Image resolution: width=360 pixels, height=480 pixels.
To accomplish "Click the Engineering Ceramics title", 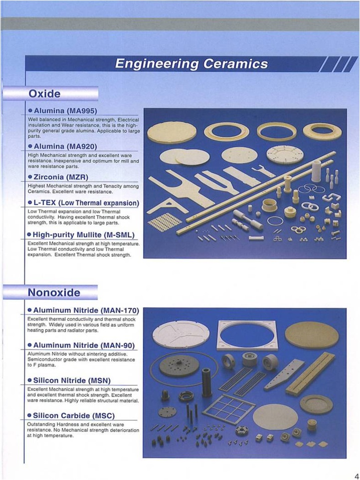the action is tap(191, 64).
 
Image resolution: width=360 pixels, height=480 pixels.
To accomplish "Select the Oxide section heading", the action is tap(45, 94).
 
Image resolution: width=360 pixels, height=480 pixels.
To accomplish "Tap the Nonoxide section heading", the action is tap(54, 292).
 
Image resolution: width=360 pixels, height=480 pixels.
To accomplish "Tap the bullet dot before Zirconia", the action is tap(30, 177).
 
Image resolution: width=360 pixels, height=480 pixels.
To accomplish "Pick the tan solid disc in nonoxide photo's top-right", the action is tap(312, 335).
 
